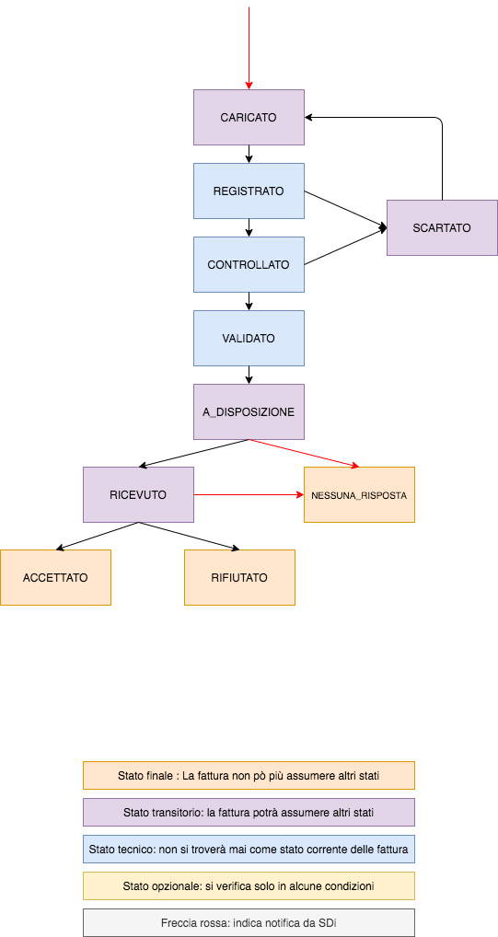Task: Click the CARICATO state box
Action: (x=249, y=118)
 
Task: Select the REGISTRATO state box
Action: (x=249, y=191)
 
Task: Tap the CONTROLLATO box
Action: (x=249, y=265)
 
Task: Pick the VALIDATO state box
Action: (x=249, y=339)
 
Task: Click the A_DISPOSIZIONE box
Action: (x=249, y=412)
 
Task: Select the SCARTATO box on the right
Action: (x=442, y=227)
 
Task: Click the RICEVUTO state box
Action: (x=138, y=495)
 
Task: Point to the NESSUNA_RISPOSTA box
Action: (x=359, y=495)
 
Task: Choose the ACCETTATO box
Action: (x=55, y=578)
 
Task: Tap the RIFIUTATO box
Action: (x=239, y=578)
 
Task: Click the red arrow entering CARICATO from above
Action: (x=249, y=46)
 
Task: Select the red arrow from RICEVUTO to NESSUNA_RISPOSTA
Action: (x=249, y=495)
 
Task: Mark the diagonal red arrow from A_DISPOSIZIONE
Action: (x=304, y=452)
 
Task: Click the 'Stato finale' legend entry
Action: (x=249, y=776)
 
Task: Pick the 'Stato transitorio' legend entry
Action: (x=249, y=813)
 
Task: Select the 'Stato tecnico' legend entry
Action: (x=249, y=850)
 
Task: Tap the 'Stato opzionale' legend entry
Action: (x=249, y=886)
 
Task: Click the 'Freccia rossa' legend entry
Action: (x=249, y=923)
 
